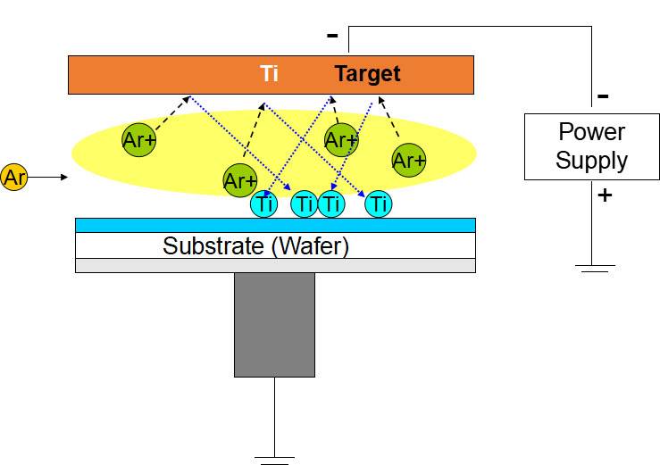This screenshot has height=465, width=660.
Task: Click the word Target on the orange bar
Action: point(367,74)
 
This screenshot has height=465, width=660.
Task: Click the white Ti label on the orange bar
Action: point(270,74)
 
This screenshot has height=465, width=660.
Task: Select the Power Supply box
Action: point(591,146)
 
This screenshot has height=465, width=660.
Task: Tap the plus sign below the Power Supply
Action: point(604,194)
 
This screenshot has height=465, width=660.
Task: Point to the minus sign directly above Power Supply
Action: point(603,95)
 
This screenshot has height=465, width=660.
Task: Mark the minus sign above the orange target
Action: point(332,36)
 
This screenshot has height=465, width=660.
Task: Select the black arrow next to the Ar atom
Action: point(50,178)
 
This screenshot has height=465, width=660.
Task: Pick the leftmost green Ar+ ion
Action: point(139,138)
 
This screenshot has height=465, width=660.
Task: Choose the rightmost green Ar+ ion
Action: point(408,161)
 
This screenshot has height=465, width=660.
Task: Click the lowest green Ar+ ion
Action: point(240,181)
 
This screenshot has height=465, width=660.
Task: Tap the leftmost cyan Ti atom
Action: point(264,204)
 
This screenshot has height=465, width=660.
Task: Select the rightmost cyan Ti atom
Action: point(380,204)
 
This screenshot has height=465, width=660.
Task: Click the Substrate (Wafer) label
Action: point(255,246)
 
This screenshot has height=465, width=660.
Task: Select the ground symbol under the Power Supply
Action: point(592,267)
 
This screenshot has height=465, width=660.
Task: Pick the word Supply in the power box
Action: point(591,161)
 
